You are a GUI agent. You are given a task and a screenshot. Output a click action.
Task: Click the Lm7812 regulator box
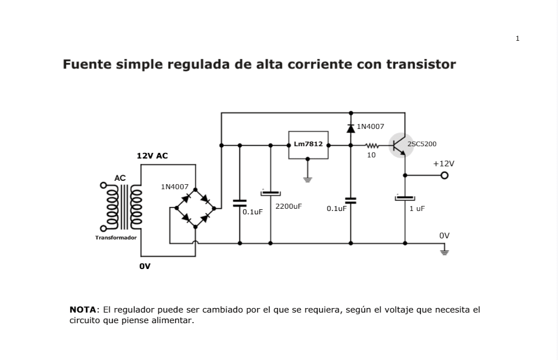[x=308, y=145]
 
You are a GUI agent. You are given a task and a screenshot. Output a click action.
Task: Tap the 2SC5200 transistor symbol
[x=400, y=145]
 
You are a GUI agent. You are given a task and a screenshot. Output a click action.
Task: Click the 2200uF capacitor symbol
[x=271, y=193]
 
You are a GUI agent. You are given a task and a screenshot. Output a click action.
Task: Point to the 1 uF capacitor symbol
[x=405, y=198]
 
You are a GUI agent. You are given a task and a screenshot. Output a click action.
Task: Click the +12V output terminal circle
[x=444, y=176]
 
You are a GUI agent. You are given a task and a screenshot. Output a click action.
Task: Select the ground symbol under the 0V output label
[x=444, y=252]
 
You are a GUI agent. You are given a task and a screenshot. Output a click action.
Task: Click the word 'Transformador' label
[x=116, y=237]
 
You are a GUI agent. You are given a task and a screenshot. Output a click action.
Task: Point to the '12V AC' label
[x=152, y=156]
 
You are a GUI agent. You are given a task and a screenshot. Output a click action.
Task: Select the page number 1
[x=517, y=39]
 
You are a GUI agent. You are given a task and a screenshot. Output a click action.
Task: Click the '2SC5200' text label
[x=422, y=144]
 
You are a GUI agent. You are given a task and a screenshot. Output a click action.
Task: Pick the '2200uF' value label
[x=288, y=206]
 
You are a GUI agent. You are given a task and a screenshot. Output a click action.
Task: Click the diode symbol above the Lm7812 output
[x=351, y=128]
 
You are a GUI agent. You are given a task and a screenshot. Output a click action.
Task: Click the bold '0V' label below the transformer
[x=145, y=266]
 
